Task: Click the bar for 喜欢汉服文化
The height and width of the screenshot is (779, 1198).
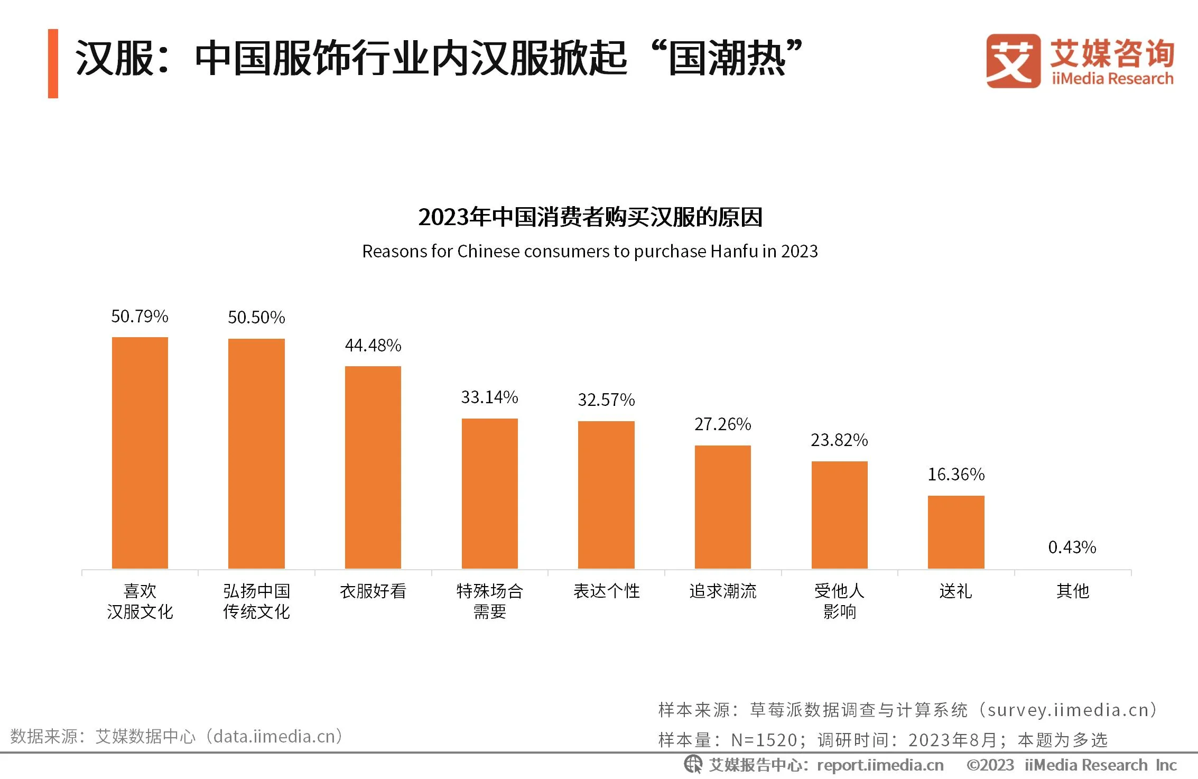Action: [x=140, y=452]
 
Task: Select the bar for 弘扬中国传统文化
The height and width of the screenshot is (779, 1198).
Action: [x=256, y=453]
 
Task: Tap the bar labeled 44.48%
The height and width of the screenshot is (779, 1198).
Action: [x=373, y=467]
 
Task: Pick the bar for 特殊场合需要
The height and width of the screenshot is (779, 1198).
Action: [x=490, y=493]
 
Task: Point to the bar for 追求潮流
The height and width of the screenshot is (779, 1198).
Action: [x=723, y=507]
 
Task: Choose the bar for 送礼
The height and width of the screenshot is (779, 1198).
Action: [x=956, y=532]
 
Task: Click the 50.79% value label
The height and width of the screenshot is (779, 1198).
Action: [x=140, y=317]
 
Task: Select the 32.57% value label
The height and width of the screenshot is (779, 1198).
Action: [x=606, y=400]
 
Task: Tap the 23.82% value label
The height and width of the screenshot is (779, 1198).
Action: [x=839, y=440]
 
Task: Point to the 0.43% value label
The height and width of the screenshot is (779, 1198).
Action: [x=1072, y=548]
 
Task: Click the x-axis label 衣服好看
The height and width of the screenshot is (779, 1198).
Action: [x=373, y=591]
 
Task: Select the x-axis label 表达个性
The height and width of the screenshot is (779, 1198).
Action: [x=606, y=591]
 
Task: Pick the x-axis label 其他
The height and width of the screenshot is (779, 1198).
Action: [x=1073, y=591]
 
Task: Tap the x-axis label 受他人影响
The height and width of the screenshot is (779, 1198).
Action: [x=839, y=601]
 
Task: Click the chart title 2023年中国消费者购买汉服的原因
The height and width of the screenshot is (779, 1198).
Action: [x=590, y=217]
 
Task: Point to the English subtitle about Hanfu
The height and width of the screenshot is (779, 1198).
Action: [x=590, y=252]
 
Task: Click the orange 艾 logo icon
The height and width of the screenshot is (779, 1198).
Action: [x=1013, y=61]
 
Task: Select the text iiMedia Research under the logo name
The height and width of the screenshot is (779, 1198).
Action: [x=1112, y=79]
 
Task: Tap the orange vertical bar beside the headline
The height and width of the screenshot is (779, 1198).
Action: [x=53, y=63]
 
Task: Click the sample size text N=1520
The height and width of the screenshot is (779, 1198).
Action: [x=764, y=740]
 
